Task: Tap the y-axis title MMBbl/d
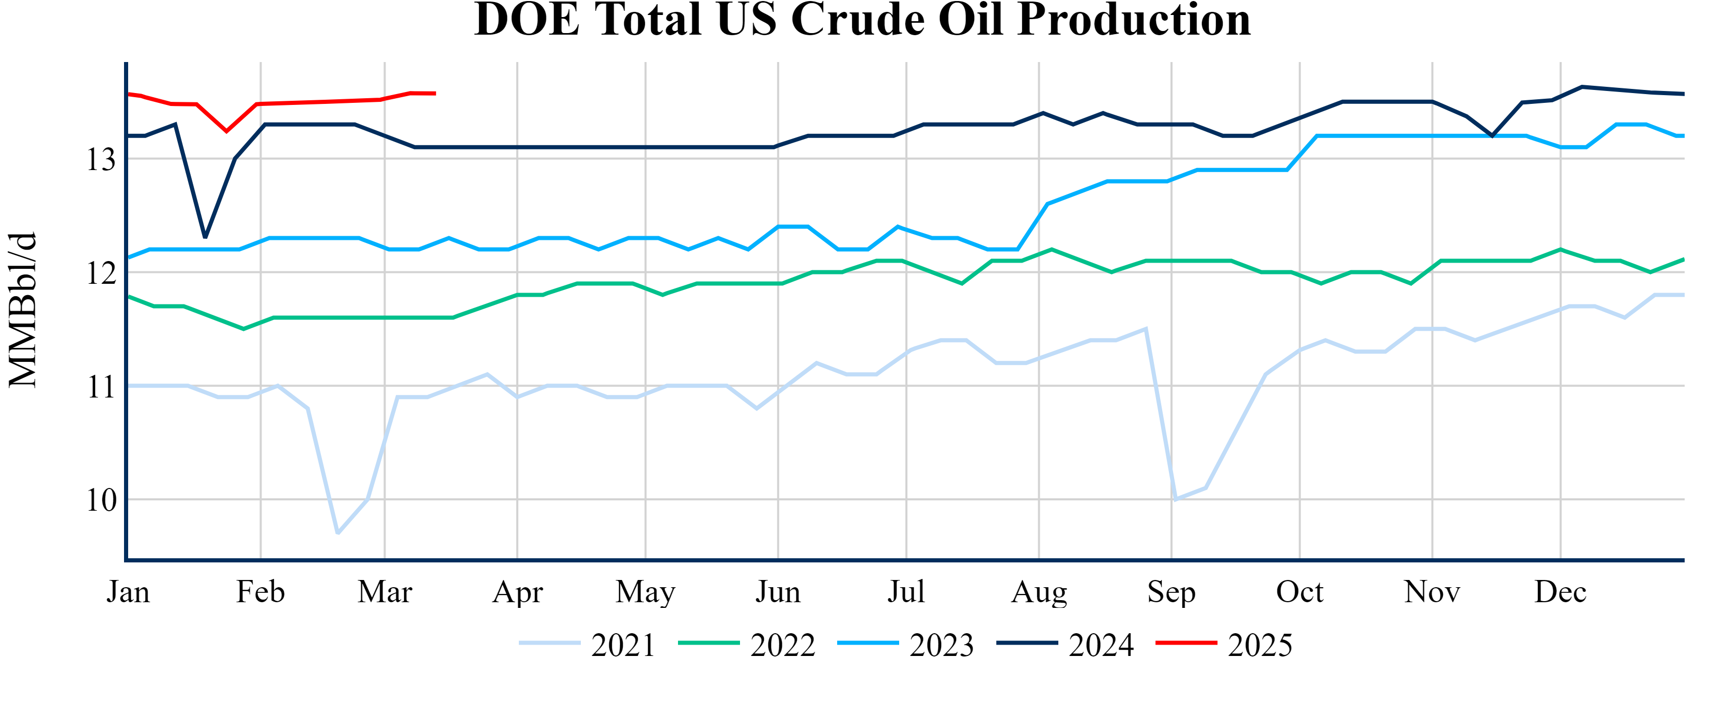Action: [x=23, y=310]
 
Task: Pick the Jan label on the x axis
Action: [x=128, y=592]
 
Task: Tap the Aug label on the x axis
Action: [x=1039, y=592]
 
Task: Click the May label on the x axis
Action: [x=645, y=592]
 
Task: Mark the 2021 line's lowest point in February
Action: [x=337, y=533]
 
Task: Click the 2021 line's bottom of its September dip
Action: [x=1175, y=499]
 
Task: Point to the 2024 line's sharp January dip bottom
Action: [x=205, y=237]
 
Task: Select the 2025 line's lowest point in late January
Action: [x=226, y=131]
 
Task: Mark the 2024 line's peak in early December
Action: [x=1582, y=86]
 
